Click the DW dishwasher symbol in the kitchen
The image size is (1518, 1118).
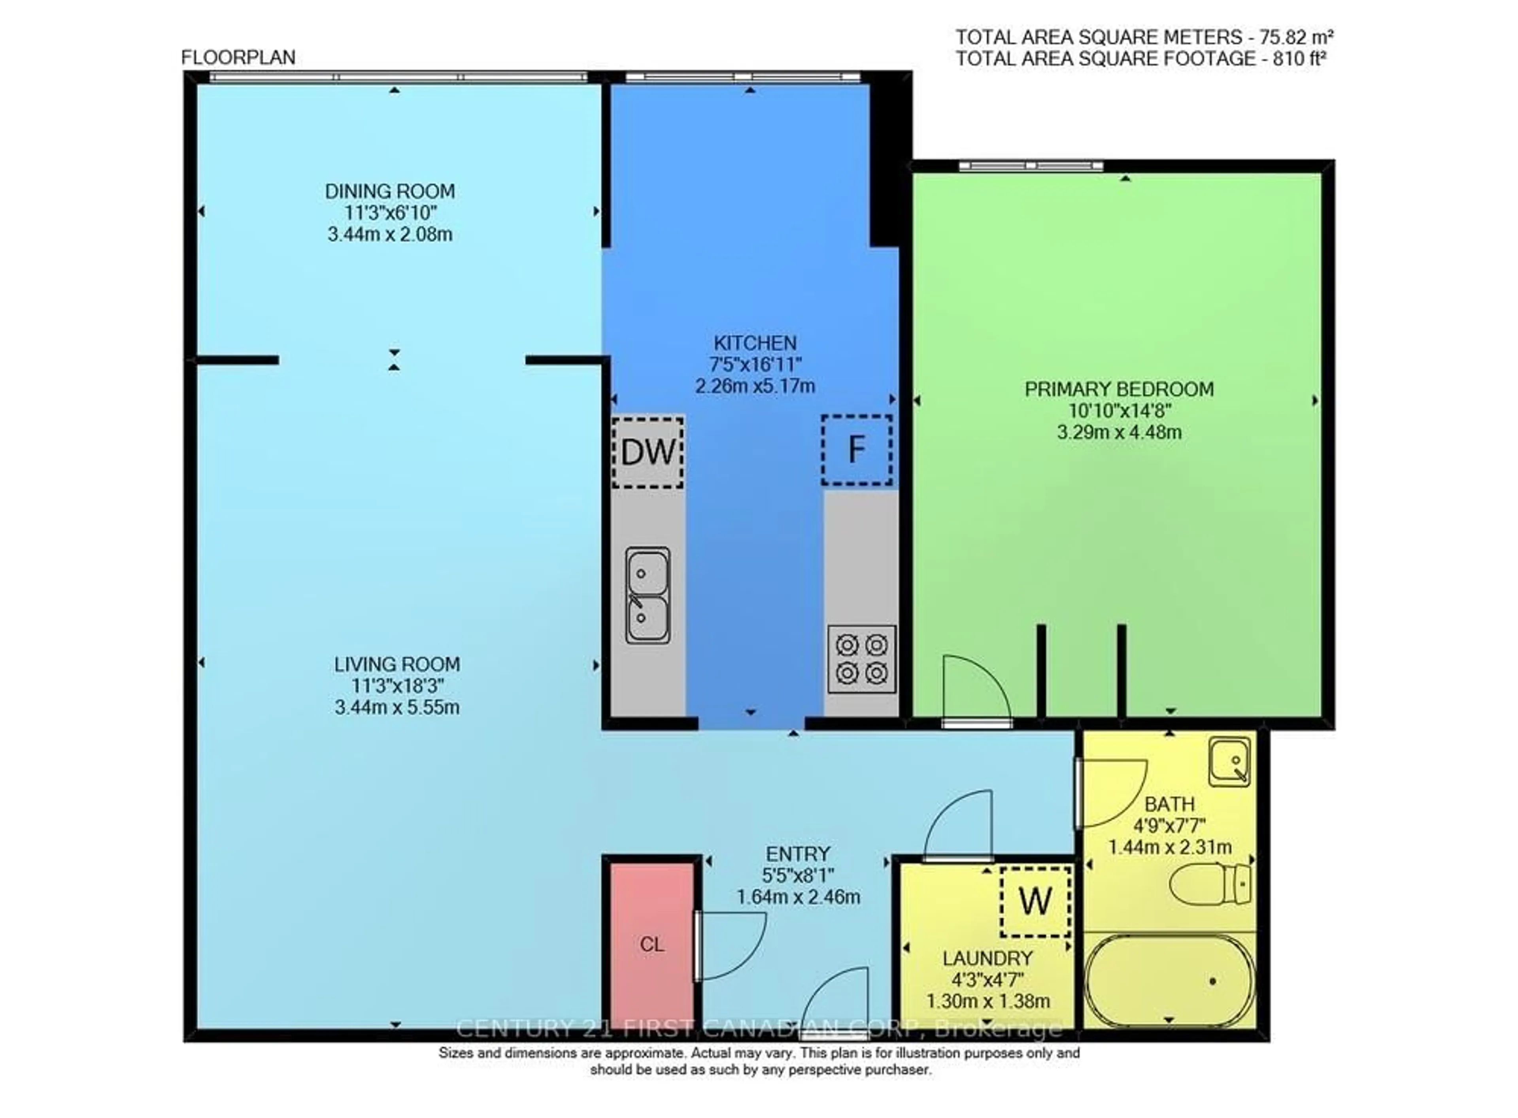click(647, 452)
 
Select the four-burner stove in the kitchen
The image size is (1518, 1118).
click(861, 659)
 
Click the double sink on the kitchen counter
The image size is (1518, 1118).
click(647, 595)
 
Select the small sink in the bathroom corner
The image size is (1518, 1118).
click(1229, 762)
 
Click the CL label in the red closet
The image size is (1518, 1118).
click(651, 945)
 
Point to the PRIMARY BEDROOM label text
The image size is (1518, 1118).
click(1118, 389)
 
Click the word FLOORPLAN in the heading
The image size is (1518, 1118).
click(238, 58)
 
